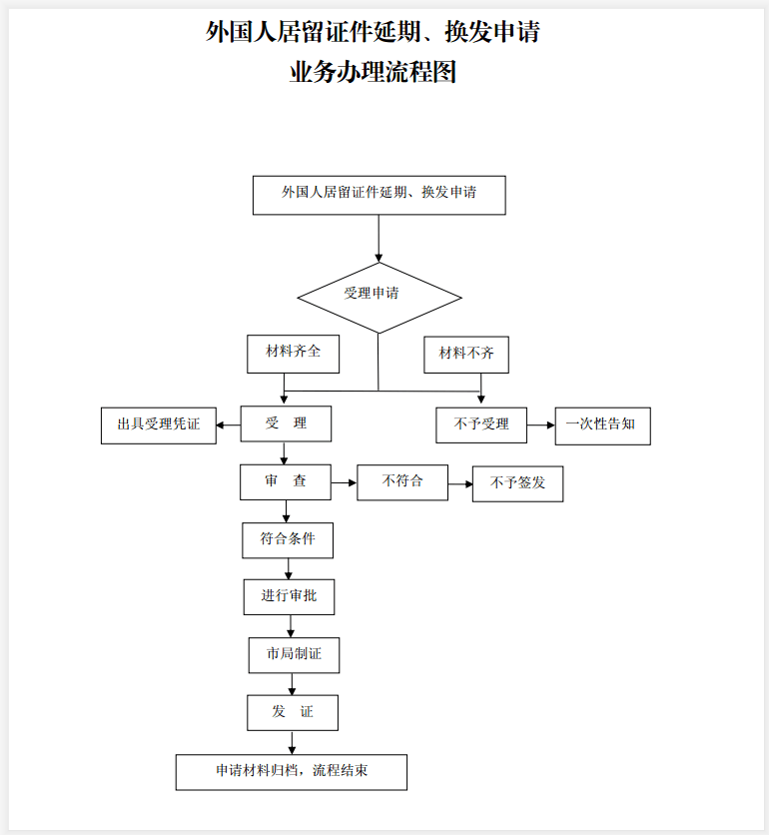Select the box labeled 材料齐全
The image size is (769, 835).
[293, 354]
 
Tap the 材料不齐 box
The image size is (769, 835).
[466, 355]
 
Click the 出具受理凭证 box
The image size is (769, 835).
[158, 425]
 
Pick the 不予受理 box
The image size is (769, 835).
[480, 424]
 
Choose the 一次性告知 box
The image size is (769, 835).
[602, 424]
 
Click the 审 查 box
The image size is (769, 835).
[286, 482]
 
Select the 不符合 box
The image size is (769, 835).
[402, 482]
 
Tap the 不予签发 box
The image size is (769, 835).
[517, 483]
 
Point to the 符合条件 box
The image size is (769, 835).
[288, 540]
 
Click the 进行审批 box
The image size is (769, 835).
[289, 597]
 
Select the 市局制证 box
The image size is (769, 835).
[293, 654]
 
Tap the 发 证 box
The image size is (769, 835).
[293, 712]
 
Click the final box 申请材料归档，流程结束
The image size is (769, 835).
[292, 772]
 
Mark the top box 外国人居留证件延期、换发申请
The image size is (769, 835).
[379, 195]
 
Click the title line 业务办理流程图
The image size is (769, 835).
[373, 73]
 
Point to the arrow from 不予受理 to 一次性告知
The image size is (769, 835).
[540, 425]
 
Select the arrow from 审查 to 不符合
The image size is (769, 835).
[345, 483]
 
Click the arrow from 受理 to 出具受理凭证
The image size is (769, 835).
[228, 425]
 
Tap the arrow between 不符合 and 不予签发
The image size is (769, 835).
[460, 484]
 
